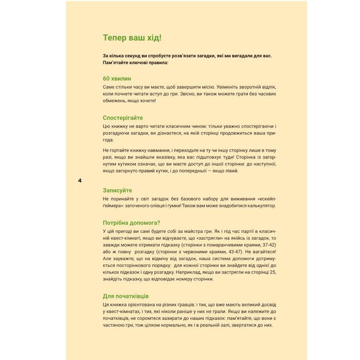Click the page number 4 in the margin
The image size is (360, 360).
point(80,181)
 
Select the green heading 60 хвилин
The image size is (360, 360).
point(117,78)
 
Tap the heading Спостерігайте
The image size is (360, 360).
point(123,118)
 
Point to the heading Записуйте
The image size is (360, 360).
point(118,190)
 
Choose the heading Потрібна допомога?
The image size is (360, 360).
point(132,223)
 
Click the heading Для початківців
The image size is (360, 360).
point(126,296)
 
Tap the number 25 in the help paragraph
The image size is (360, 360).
point(273,272)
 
